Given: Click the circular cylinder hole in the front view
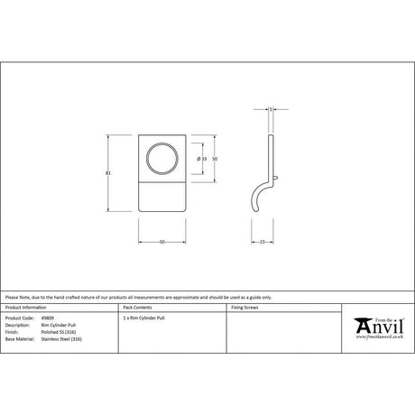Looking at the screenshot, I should [x=163, y=158].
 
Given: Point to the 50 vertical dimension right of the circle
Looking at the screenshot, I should [x=216, y=158].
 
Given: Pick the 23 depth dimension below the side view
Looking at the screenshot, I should [x=261, y=243].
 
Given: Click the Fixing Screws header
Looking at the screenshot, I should [x=245, y=308].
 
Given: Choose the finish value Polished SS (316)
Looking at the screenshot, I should [x=58, y=331].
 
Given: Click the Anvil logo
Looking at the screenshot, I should [x=377, y=324].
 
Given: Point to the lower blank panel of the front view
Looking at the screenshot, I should [x=163, y=194].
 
